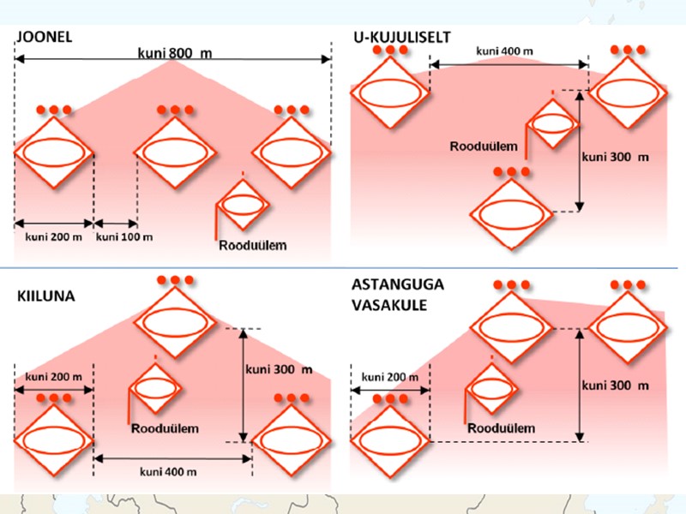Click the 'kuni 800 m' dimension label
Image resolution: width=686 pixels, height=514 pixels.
coord(175,53)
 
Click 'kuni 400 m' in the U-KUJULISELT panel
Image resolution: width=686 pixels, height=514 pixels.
coord(508,51)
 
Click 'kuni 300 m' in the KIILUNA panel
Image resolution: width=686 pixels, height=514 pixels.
coord(279,370)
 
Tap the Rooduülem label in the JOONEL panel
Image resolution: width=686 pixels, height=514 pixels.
coord(251,246)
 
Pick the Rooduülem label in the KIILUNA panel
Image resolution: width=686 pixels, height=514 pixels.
coord(166,427)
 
